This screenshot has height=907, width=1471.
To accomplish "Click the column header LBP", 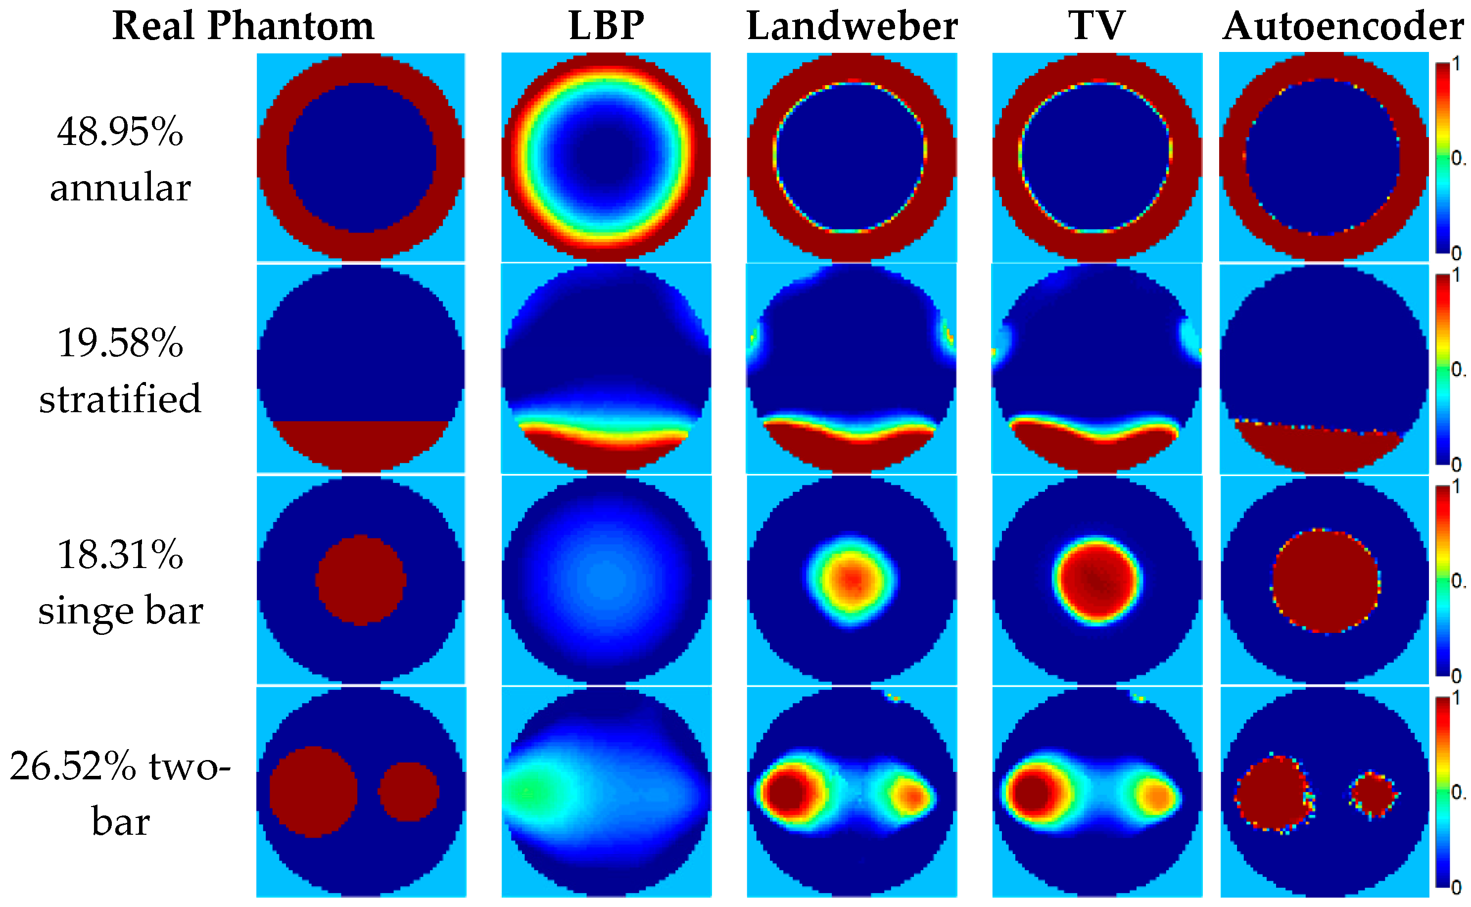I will click(606, 26).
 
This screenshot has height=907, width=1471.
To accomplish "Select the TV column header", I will click(1096, 26).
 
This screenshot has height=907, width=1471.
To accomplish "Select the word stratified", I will click(120, 398).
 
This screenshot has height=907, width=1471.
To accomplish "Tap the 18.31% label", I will click(120, 554).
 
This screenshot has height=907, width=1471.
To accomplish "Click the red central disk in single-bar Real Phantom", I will click(360, 580).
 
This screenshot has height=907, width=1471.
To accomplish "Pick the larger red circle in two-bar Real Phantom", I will click(313, 792).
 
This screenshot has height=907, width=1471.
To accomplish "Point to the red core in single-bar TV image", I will click(1097, 580).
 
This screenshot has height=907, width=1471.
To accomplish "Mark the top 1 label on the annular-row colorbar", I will click(1456, 64).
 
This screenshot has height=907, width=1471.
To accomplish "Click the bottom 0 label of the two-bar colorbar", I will click(1456, 887).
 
